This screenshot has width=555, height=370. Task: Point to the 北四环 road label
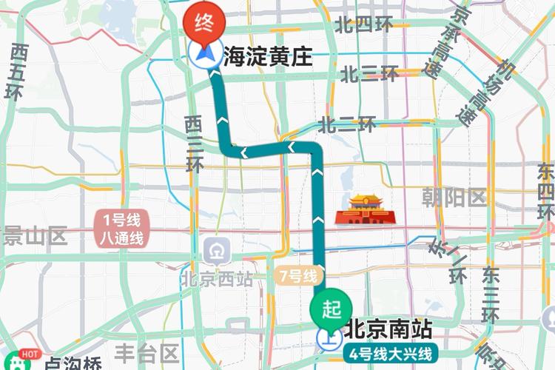[363, 26]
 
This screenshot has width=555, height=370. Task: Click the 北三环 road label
[369, 74]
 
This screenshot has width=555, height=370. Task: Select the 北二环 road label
[348, 124]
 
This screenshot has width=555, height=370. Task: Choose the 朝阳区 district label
[453, 197]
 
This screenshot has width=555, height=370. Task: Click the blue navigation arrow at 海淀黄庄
[202, 55]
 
